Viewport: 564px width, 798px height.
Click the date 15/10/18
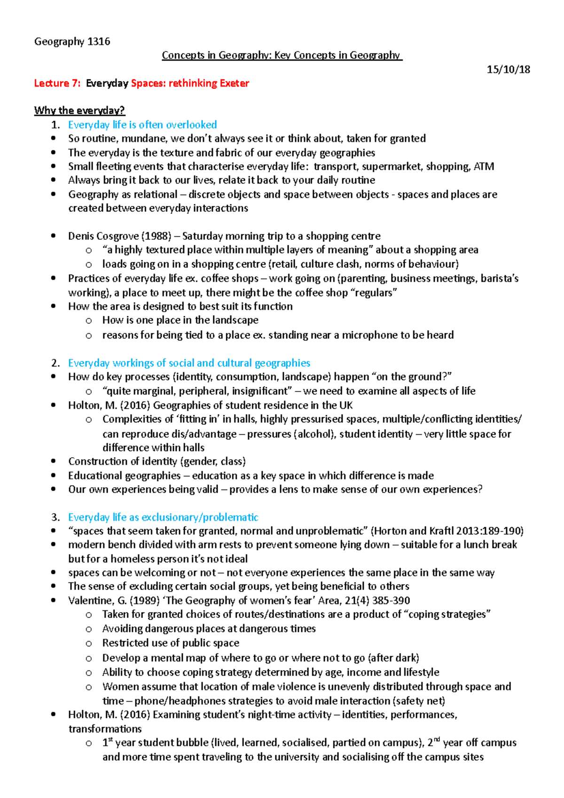(x=508, y=70)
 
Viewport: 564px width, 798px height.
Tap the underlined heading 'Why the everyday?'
(x=79, y=110)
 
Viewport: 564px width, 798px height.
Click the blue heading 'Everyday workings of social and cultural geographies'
(x=189, y=363)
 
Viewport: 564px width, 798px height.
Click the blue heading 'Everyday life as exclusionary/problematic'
(x=163, y=517)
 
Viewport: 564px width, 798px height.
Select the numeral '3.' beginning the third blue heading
(x=55, y=517)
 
